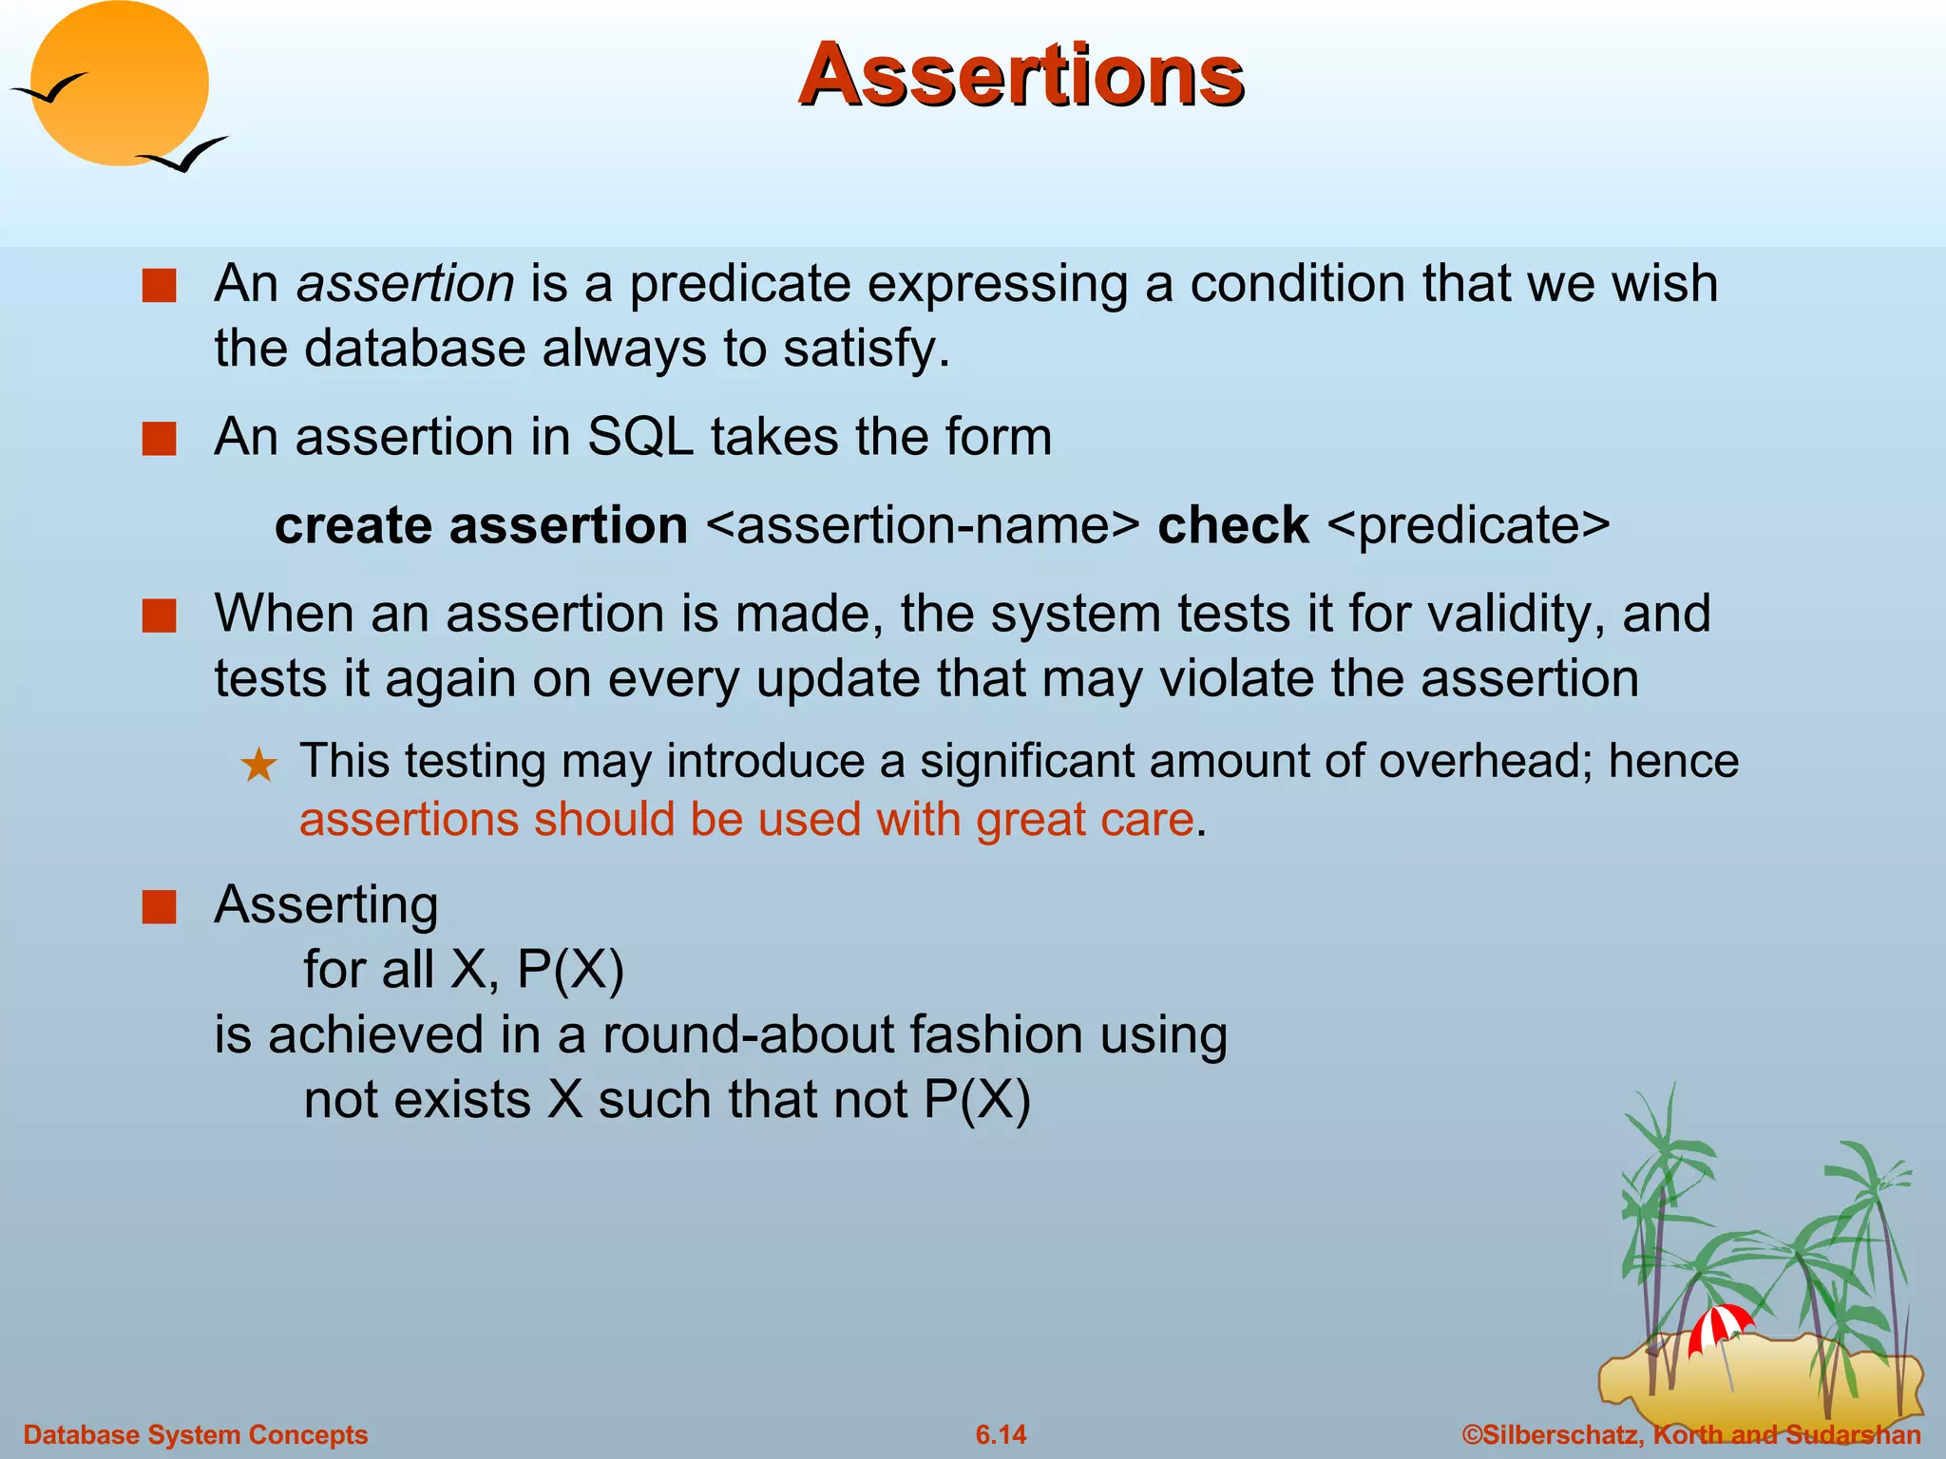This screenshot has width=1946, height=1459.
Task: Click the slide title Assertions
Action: tap(1021, 76)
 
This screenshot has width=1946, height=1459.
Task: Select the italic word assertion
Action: tap(406, 283)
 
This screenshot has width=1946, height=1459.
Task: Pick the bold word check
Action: tap(1232, 524)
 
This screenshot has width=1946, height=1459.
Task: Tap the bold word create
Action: tap(353, 524)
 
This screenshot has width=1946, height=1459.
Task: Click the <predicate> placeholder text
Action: tap(1468, 524)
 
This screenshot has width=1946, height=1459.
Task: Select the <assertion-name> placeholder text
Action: tap(923, 524)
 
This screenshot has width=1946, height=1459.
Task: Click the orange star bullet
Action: tap(258, 765)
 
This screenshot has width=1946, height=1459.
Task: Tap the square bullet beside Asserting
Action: tap(159, 906)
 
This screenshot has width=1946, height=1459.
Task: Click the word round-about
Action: tap(747, 1034)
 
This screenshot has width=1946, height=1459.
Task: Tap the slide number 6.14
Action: tap(1001, 1434)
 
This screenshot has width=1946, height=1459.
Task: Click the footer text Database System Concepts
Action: tap(195, 1434)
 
